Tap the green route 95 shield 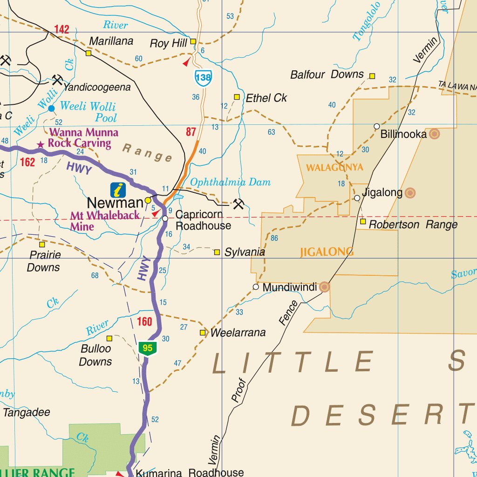pos(148,348)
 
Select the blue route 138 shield pos(203,77)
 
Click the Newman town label pos(115,203)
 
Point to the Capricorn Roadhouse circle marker pos(165,218)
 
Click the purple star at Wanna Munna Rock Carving pos(41,145)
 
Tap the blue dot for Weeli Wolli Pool pos(51,109)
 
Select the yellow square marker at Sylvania pos(217,252)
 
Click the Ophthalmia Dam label pos(230,182)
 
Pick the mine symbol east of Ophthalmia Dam pos(238,204)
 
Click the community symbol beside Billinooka pos(434,134)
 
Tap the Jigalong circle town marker pos(357,198)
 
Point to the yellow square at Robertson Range pos(363,221)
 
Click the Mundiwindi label pos(289,287)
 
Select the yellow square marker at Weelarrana pos(203,333)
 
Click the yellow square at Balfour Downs pos(372,76)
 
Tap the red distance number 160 pos(145,321)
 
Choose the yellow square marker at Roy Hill pos(192,41)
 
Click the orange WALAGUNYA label pos(334,167)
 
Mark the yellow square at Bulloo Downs pos(109,338)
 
